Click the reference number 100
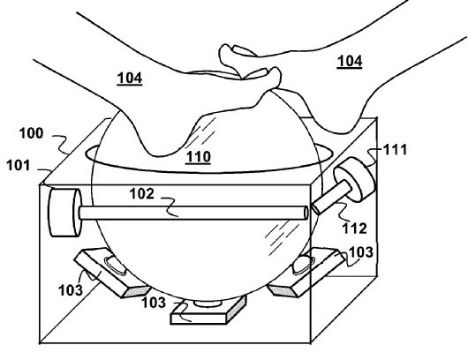(31, 133)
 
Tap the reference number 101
(19, 165)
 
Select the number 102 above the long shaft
(142, 193)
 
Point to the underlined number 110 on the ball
(198, 157)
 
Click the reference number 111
(395, 149)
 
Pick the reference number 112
(354, 229)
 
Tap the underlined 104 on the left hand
(130, 79)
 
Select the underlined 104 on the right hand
(350, 62)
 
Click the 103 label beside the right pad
(360, 252)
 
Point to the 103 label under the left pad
(71, 290)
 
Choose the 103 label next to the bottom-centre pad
(154, 303)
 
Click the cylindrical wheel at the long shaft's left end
(64, 213)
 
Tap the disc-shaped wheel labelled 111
(355, 183)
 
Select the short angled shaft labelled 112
(331, 198)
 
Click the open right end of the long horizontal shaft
(306, 213)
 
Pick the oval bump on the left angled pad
(115, 265)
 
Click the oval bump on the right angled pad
(302, 264)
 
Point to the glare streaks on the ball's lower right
(281, 237)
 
